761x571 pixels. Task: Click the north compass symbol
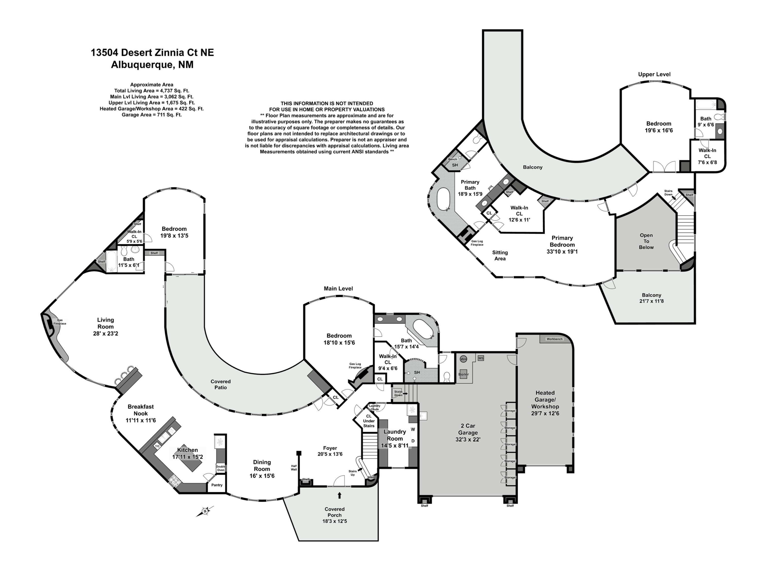point(205,511)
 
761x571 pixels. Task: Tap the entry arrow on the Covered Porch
point(340,495)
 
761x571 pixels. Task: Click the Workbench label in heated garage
point(554,339)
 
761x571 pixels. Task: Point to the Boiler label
point(463,374)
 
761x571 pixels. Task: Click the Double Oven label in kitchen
point(220,468)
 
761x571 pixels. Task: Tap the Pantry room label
point(217,485)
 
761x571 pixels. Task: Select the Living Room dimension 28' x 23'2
point(105,333)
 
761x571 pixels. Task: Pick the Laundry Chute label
point(375,408)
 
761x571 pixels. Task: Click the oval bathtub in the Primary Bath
point(443,199)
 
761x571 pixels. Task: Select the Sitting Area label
point(500,255)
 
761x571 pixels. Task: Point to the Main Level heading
point(338,289)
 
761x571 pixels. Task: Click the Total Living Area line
point(152,91)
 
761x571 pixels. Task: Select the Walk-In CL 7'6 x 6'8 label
point(707,156)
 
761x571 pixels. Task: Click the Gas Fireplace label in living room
point(60,322)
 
